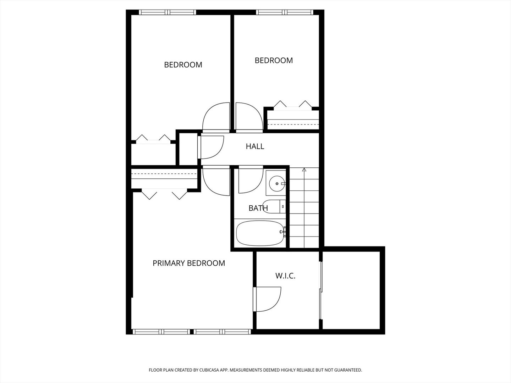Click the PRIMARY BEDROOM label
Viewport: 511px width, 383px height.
click(188, 263)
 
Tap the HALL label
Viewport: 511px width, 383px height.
click(255, 146)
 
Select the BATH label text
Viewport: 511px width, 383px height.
click(258, 208)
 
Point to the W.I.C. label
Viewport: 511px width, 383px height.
click(285, 276)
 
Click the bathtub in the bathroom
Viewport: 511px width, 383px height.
click(260, 233)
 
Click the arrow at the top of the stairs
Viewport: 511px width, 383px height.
click(304, 170)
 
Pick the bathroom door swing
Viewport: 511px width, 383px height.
click(249, 180)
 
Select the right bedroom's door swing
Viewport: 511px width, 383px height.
click(248, 117)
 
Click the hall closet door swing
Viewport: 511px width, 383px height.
click(212, 147)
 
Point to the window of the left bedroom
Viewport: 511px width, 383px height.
click(167, 12)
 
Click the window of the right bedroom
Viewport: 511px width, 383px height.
click(285, 12)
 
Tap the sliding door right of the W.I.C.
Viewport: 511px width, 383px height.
click(321, 290)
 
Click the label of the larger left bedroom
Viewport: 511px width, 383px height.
click(183, 65)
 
